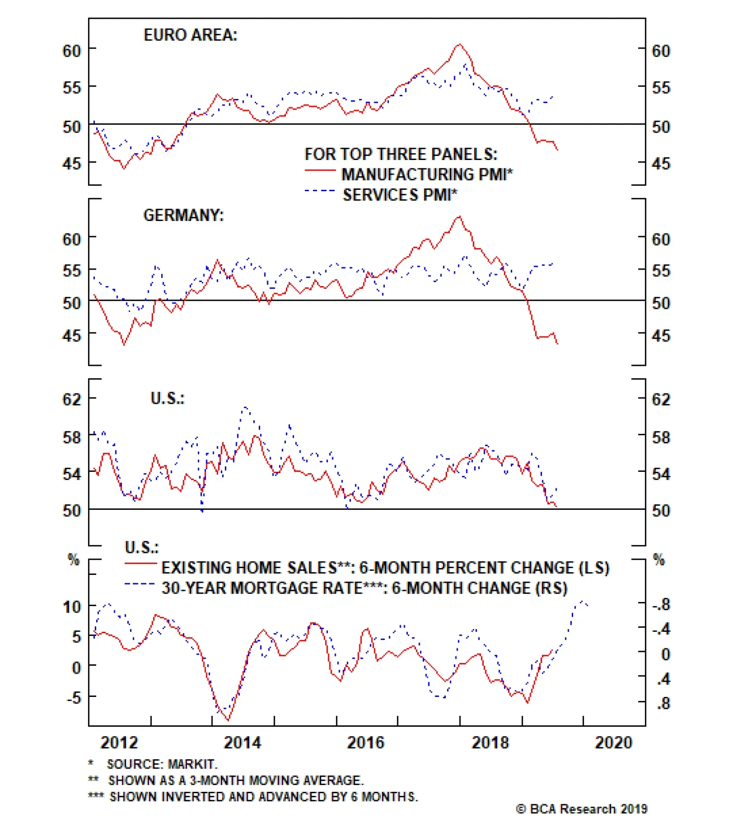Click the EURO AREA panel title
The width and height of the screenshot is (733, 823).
tap(191, 35)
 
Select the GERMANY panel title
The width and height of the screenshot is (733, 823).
tap(184, 215)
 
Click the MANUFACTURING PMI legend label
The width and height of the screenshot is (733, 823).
tap(427, 175)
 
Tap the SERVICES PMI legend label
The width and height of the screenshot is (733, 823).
tap(400, 195)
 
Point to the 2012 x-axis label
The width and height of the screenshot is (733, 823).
tap(119, 742)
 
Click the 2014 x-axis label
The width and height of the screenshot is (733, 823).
tap(242, 742)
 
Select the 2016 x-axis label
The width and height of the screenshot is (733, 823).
tap(366, 742)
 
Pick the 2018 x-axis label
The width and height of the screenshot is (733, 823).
tap(490, 742)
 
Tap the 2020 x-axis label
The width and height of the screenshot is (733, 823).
tap(613, 742)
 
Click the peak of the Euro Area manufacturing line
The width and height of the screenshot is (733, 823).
tap(459, 44)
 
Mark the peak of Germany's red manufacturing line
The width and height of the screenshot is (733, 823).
tap(459, 217)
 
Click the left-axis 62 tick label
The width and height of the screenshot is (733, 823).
tap(72, 399)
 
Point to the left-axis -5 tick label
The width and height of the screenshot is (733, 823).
tap(73, 698)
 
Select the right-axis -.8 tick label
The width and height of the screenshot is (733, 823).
tap(661, 605)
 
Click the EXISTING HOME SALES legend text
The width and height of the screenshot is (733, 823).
tap(385, 568)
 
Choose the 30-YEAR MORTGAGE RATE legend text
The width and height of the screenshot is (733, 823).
tap(364, 588)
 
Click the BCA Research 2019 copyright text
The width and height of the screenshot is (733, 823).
tap(582, 809)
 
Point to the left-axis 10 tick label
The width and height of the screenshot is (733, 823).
tap(72, 607)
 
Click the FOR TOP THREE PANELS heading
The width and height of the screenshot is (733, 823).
tap(401, 154)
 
